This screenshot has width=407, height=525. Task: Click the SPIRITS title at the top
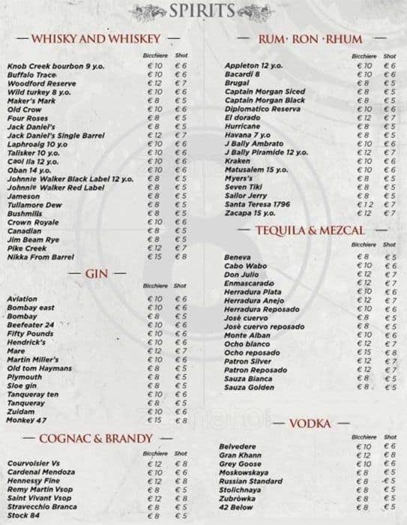click(203, 11)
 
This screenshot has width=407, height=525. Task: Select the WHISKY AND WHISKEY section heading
click(97, 37)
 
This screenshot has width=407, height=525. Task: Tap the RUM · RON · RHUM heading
click(311, 37)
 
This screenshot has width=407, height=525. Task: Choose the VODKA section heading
click(311, 424)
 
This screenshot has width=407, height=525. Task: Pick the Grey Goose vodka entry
click(239, 464)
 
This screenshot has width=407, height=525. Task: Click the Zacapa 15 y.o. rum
click(247, 212)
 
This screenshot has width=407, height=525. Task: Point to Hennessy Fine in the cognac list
click(34, 481)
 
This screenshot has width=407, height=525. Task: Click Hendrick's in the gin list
click(26, 342)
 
